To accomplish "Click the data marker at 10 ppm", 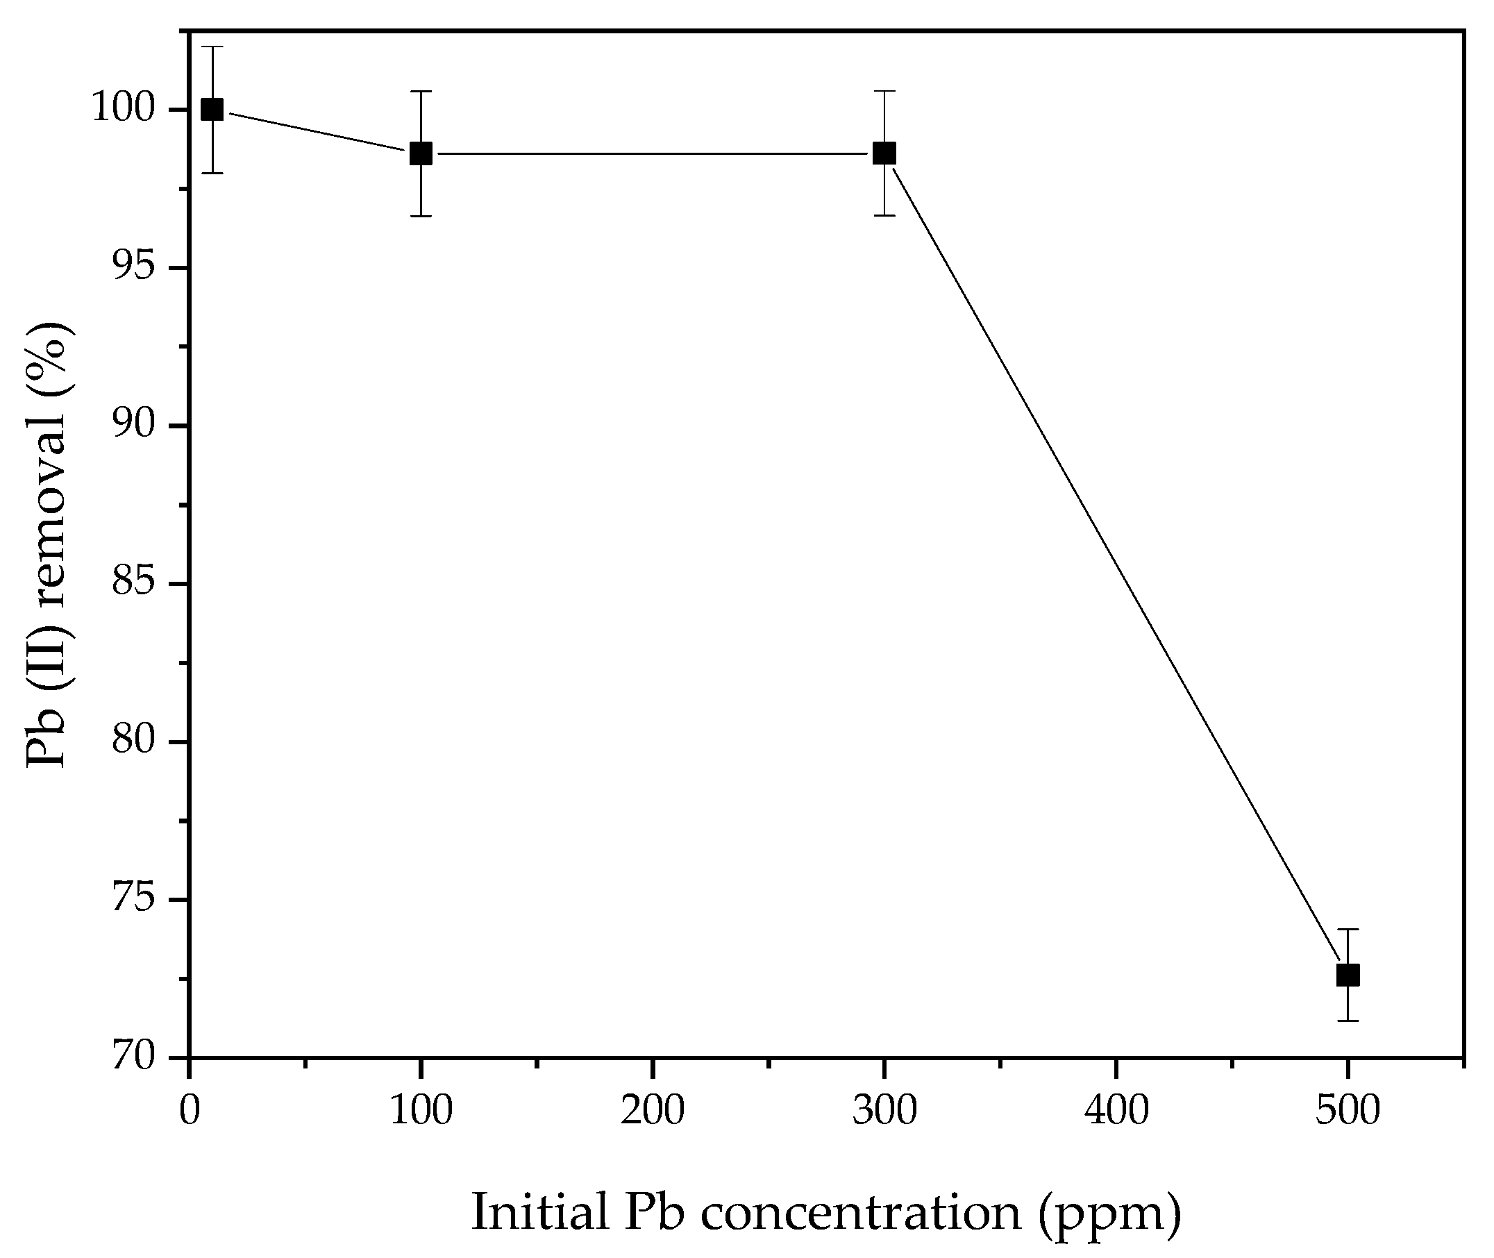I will pyautogui.click(x=212, y=110).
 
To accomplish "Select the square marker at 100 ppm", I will pyautogui.click(x=421, y=153).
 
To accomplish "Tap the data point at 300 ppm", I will pyautogui.click(x=884, y=153).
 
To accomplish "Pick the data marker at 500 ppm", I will pyautogui.click(x=1348, y=975).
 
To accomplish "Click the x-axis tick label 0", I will pyautogui.click(x=190, y=1110).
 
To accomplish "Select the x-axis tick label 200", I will pyautogui.click(x=653, y=1110).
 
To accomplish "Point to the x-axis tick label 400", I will pyautogui.click(x=1116, y=1110).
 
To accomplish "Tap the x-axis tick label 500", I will pyautogui.click(x=1348, y=1110).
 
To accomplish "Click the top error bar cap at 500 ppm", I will pyautogui.click(x=1348, y=929).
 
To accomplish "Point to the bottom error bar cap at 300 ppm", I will pyautogui.click(x=884, y=215).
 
